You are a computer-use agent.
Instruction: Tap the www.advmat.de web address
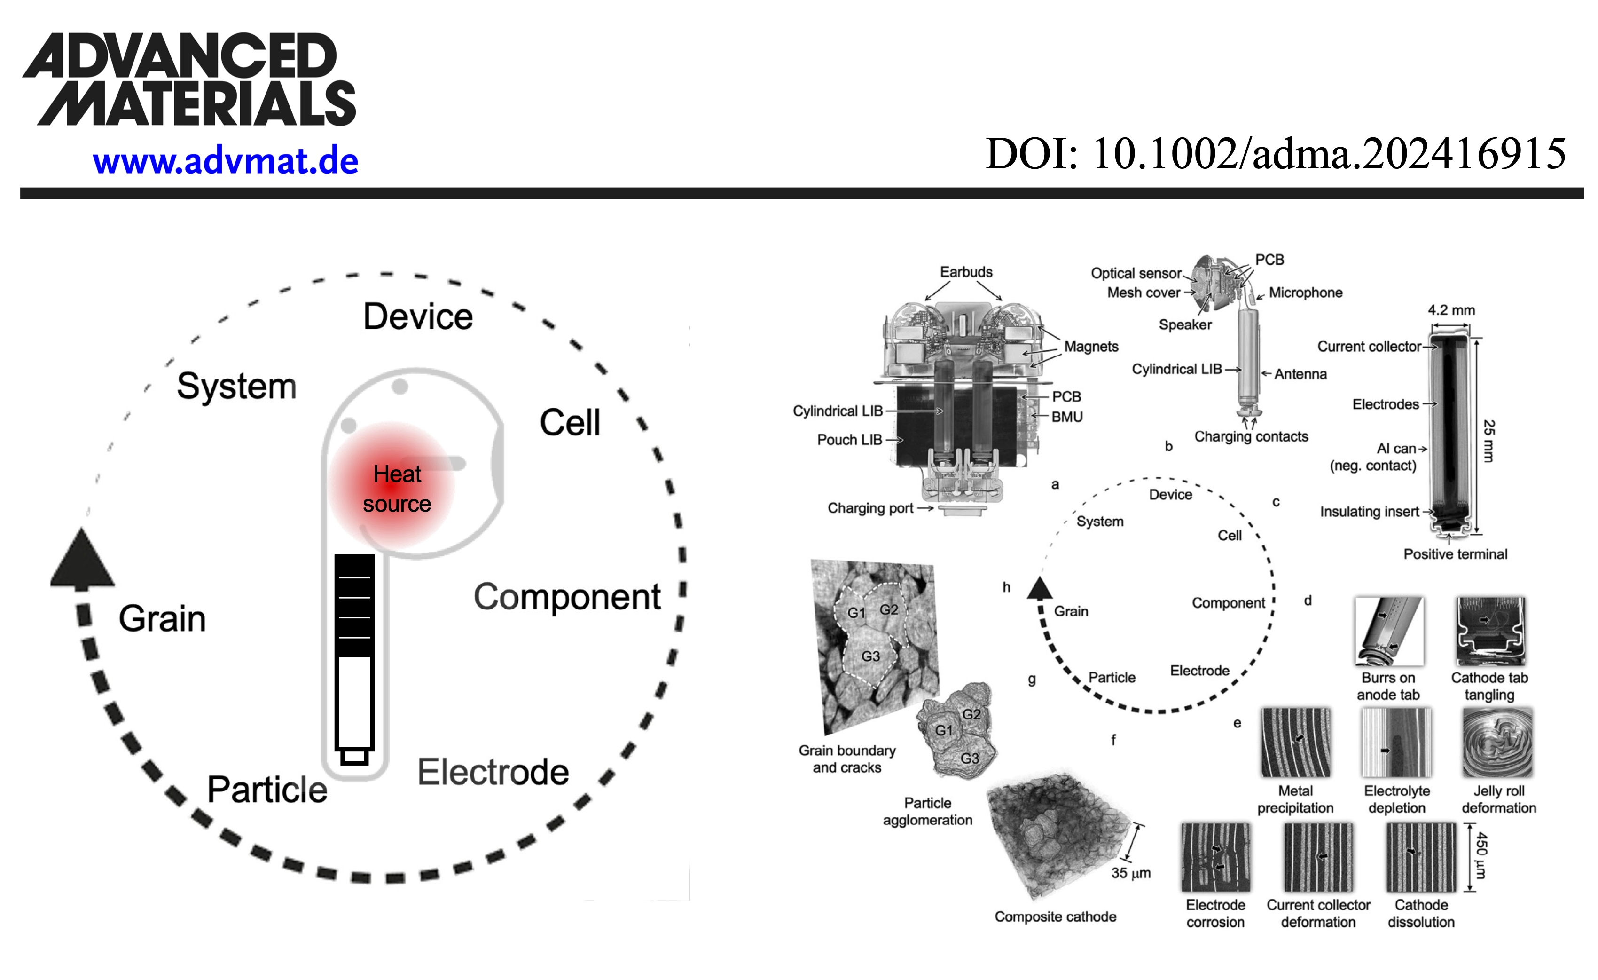coord(225,161)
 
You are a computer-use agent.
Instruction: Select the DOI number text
coord(1275,154)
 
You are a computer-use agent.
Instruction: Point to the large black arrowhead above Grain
coord(82,558)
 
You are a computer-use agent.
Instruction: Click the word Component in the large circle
coord(567,597)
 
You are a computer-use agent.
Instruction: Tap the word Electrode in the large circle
coord(493,772)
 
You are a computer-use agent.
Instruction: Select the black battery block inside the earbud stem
coord(354,605)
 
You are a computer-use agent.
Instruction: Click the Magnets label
coord(1091,347)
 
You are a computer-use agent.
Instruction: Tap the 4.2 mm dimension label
coord(1451,310)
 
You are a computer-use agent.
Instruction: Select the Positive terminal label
coord(1455,554)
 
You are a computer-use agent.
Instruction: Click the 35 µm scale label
coord(1130,873)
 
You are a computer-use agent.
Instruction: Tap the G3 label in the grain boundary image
coord(870,656)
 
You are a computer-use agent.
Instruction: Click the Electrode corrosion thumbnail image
coord(1215,857)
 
